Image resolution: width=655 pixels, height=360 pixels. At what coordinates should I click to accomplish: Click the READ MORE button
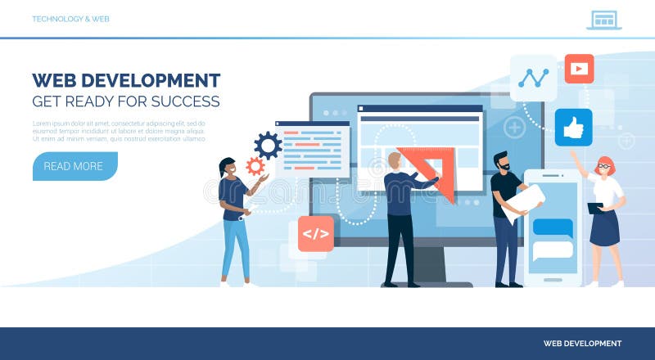[x=74, y=166]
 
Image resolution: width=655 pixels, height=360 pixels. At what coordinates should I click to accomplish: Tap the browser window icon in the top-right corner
[x=604, y=20]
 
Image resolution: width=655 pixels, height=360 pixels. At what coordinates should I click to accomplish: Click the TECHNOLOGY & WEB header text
[x=70, y=19]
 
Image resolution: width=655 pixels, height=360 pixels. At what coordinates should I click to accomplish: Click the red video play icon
[x=579, y=69]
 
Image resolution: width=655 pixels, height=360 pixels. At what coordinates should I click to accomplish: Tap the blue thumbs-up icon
[x=573, y=128]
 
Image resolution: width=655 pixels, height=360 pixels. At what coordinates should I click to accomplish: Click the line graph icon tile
[x=533, y=78]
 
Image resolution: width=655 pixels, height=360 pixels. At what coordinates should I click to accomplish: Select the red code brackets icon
[x=315, y=233]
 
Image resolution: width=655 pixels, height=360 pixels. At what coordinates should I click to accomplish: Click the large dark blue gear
[x=268, y=146]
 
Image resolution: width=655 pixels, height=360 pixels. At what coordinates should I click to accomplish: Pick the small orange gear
[x=255, y=166]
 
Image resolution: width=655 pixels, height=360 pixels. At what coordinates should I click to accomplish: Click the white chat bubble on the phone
[x=553, y=250]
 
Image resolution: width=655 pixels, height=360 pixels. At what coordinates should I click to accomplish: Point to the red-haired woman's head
[x=604, y=165]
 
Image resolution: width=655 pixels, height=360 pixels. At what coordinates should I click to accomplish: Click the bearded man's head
[x=501, y=161]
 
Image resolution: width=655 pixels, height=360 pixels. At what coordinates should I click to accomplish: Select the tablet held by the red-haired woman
[x=595, y=208]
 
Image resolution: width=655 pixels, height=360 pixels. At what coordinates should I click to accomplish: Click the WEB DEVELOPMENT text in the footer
[x=582, y=344]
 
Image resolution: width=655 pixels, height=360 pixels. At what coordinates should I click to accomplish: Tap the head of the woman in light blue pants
[x=227, y=168]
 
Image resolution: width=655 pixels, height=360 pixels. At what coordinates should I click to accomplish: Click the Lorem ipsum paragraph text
[x=118, y=131]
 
